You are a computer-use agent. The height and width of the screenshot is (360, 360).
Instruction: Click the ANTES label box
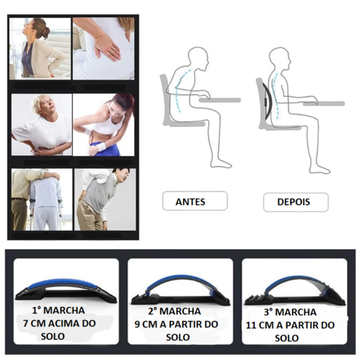tap(195, 201)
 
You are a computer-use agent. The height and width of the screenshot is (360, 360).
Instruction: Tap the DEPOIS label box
tap(295, 202)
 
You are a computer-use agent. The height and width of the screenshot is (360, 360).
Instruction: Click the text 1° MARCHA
tap(58, 310)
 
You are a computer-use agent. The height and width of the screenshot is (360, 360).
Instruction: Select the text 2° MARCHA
tap(175, 311)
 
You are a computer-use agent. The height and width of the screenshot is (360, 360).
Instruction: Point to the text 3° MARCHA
tap(290, 312)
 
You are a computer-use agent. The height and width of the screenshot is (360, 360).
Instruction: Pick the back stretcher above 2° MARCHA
tap(180, 291)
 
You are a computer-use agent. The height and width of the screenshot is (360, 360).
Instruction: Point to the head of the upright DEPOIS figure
tap(280, 58)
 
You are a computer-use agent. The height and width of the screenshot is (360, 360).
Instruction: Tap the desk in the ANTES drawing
tap(220, 100)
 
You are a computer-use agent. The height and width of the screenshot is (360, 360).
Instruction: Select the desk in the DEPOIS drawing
tap(324, 103)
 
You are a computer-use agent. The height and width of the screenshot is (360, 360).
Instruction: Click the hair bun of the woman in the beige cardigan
tap(46, 27)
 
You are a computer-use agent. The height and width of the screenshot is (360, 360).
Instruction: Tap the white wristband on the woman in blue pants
tap(101, 145)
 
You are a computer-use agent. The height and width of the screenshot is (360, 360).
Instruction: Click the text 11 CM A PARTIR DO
tap(290, 325)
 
